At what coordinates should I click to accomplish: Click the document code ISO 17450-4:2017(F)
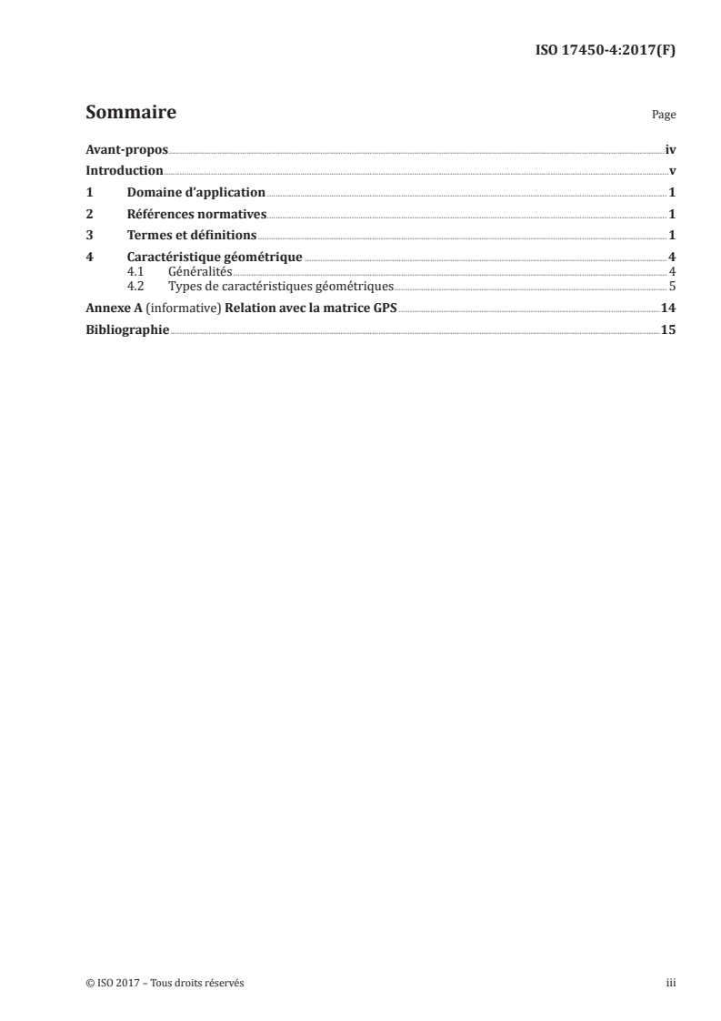click(604, 51)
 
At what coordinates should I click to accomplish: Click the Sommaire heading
click(130, 114)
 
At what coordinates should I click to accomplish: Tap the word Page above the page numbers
click(664, 116)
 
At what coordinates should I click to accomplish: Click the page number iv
click(670, 149)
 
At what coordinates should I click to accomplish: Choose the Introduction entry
click(125, 171)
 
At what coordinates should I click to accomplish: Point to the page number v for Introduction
click(672, 171)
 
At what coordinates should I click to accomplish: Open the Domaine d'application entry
click(195, 193)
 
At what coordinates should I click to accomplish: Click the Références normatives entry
click(196, 215)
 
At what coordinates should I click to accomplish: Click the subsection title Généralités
click(201, 272)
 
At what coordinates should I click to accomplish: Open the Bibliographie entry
click(127, 329)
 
